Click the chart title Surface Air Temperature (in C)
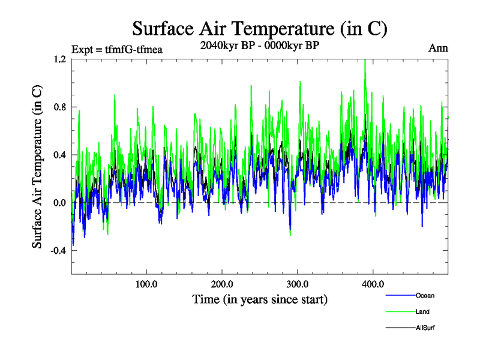[259, 28]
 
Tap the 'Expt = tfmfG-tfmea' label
[117, 49]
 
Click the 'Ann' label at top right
[438, 48]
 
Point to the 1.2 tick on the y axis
[59, 59]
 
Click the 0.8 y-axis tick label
[59, 107]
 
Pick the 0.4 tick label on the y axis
[59, 155]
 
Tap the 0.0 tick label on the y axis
[59, 203]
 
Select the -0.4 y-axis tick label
[58, 251]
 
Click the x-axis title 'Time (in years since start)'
[259, 299]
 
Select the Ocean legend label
[425, 295]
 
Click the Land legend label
[422, 311]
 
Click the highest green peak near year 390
[365, 61]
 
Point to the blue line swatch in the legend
[400, 295]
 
